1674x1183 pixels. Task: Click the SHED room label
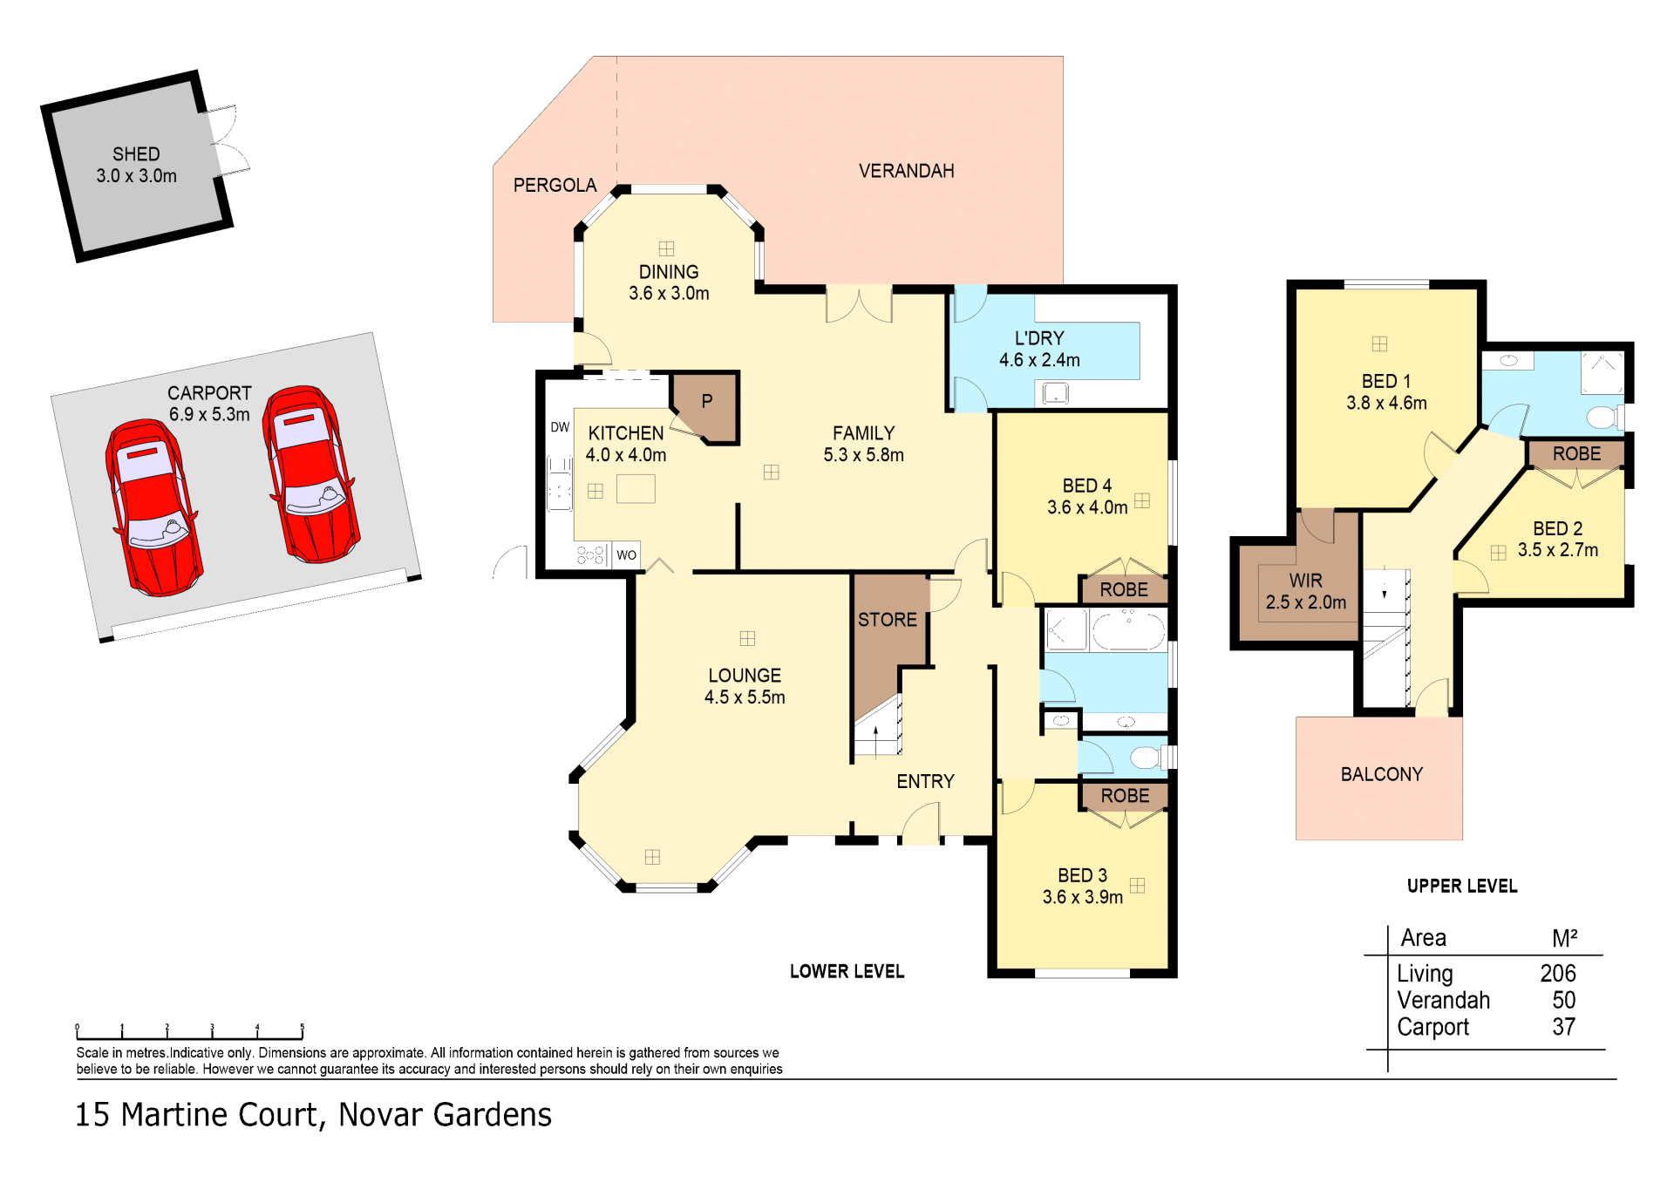136,154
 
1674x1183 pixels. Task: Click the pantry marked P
707,402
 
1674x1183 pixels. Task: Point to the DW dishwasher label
560,427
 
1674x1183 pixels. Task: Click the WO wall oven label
626,554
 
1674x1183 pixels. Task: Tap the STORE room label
888,620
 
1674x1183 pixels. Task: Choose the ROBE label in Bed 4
1124,590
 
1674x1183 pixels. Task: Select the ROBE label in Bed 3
1125,796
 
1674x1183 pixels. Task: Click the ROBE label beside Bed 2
1576,454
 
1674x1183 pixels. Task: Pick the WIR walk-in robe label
1305,581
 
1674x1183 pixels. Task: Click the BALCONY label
1381,774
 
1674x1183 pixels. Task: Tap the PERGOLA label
555,186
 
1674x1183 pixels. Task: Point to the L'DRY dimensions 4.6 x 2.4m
1039,360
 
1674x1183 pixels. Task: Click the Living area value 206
1558,973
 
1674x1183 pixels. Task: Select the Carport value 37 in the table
1564,1027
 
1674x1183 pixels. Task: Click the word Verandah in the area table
1443,1000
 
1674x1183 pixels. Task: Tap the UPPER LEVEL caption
1462,887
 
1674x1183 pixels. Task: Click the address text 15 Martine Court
199,1116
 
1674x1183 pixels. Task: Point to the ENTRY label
925,782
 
